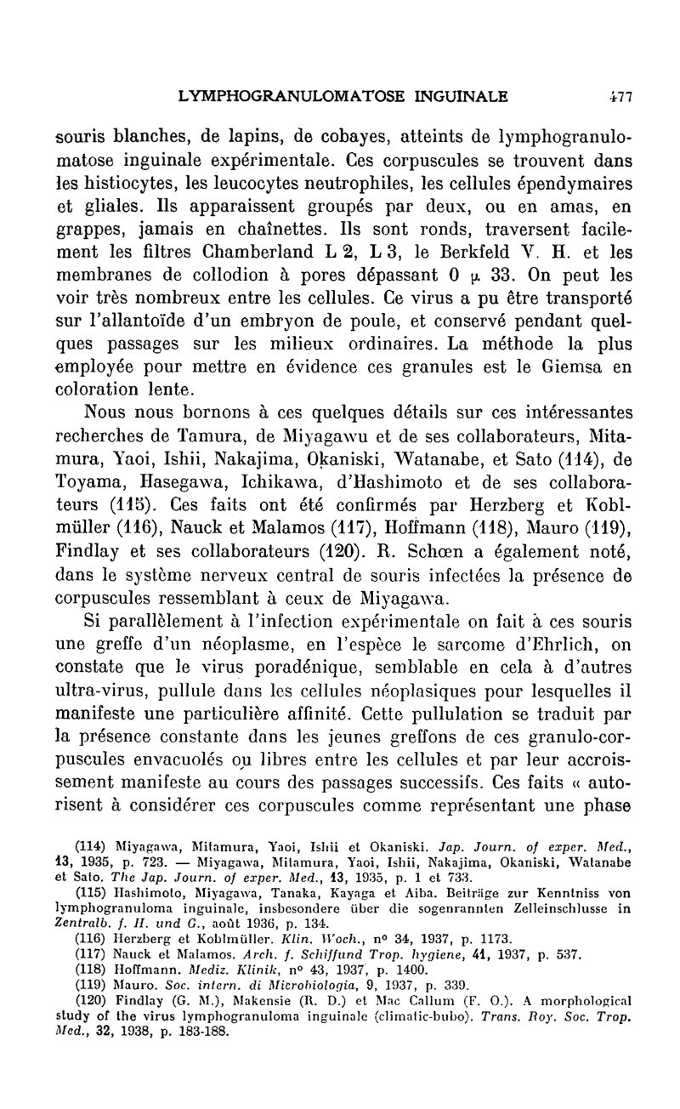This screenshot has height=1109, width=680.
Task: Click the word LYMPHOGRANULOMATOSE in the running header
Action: [x=287, y=97]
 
